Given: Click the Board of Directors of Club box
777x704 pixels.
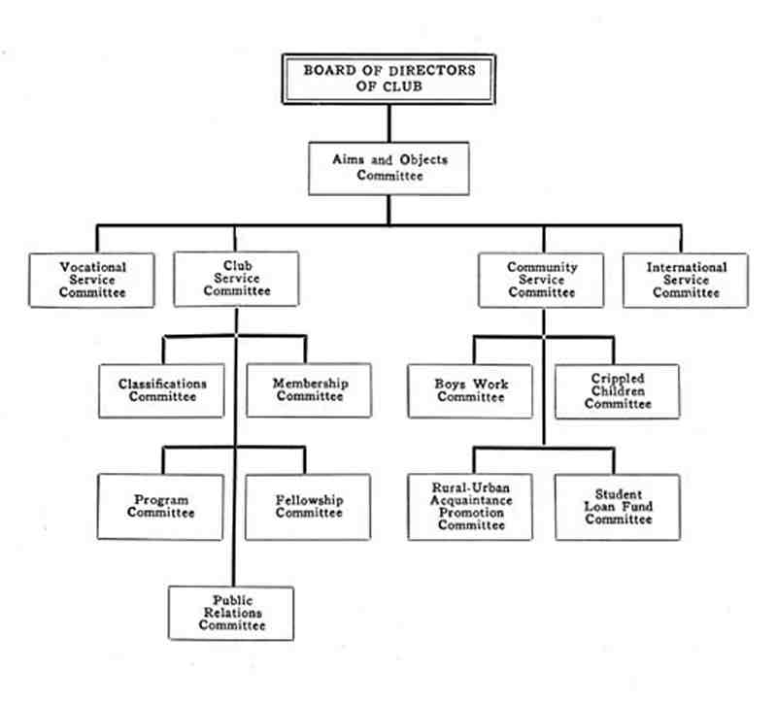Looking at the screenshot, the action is coord(389,80).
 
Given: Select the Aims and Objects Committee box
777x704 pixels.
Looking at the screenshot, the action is coord(389,168).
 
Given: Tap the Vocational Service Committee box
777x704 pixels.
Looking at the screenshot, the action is coord(91,281).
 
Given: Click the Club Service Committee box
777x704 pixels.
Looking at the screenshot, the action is coord(236,280).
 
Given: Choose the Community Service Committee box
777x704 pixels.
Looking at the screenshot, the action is coord(541,281).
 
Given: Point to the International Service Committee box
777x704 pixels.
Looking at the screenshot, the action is coord(686,281).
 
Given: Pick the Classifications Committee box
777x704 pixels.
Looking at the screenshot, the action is coord(161,391).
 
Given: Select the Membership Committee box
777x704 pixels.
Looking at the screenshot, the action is coord(309,390).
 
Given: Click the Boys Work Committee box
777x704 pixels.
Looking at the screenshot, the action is coord(470,391).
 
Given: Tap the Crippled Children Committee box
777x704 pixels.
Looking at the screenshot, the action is coord(618,391).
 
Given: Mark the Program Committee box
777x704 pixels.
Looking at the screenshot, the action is coord(160,507).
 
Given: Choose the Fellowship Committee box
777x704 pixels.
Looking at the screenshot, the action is coord(308,507).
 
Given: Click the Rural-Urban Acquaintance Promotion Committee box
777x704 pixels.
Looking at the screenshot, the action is coord(470,507).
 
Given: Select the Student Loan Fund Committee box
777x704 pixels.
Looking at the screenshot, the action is coord(618,507).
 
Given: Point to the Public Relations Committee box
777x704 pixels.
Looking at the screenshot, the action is coord(231,614).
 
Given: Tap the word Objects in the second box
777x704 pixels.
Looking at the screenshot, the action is coord(423,160).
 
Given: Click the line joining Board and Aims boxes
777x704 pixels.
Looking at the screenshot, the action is coord(389,123).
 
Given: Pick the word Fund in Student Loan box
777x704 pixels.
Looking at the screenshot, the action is coord(638,506).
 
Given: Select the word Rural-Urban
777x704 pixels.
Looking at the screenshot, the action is coord(471,487).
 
